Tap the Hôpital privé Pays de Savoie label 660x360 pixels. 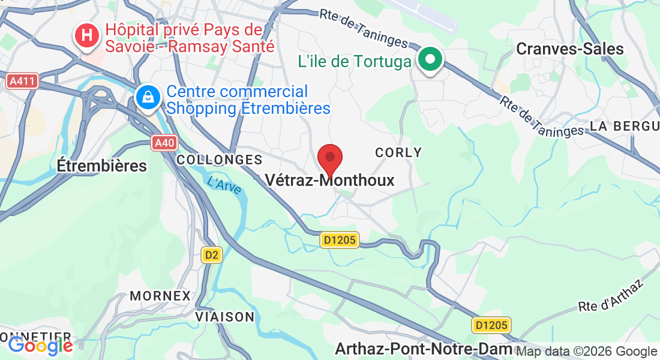pos(190,38)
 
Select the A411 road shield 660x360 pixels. pos(23,80)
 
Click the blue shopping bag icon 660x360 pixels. pos(147,97)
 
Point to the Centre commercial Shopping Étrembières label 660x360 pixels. pos(248,100)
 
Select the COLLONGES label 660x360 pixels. pos(220,160)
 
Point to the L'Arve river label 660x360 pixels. pos(224,184)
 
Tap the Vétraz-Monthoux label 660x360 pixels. pos(330,180)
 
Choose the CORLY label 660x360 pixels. pos(398,152)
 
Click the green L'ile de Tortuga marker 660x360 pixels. pos(430,60)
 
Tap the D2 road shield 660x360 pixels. pos(211,255)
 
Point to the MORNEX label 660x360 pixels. pos(160,296)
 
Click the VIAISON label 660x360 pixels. pos(224,316)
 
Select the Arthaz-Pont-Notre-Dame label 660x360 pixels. pos(424,348)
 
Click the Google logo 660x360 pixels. pos(40,346)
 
